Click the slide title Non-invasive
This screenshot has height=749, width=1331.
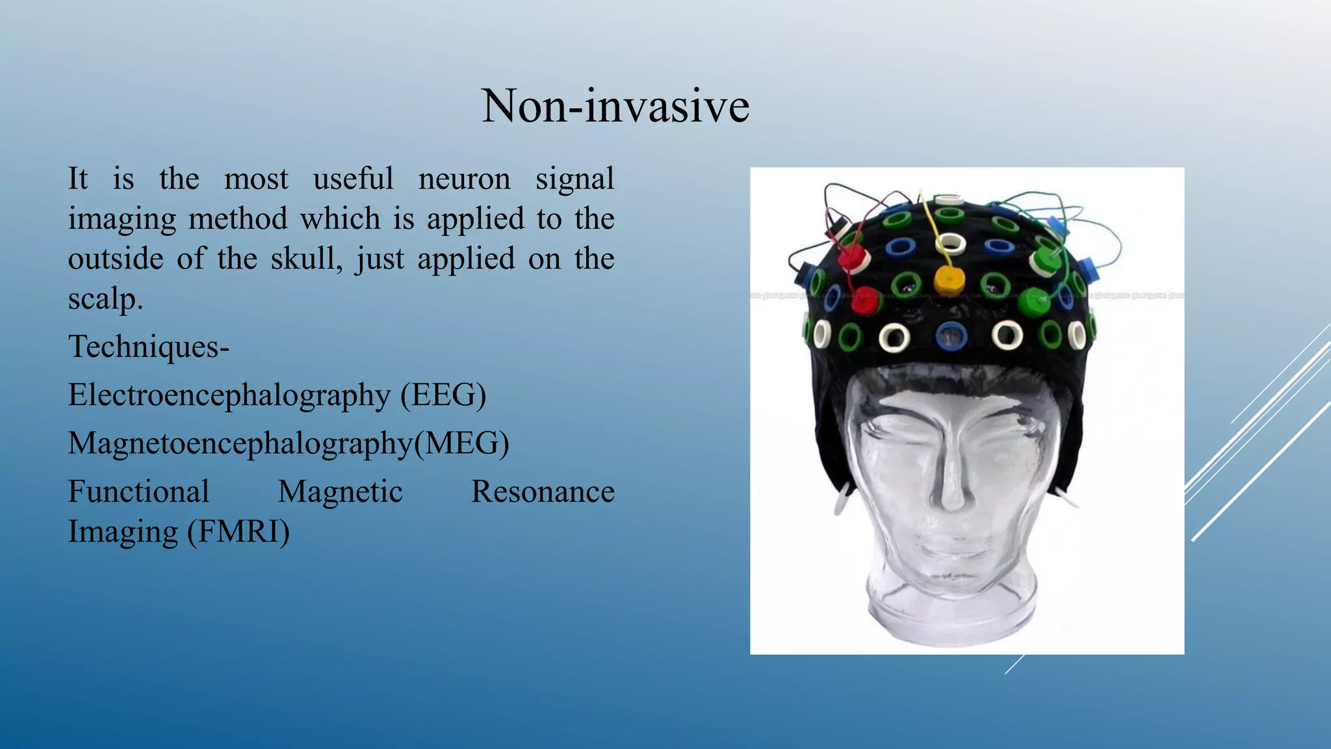tap(615, 106)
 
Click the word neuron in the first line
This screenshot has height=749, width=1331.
tap(464, 179)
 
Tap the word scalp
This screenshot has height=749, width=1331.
tap(105, 299)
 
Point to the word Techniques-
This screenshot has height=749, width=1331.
tap(149, 347)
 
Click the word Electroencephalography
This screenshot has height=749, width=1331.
tap(229, 395)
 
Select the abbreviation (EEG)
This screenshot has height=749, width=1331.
tap(443, 395)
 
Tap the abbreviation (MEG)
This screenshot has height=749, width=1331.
tap(462, 443)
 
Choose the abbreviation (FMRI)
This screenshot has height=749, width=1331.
tap(239, 532)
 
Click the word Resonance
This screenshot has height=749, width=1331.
tap(543, 492)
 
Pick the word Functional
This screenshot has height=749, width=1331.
tap(138, 492)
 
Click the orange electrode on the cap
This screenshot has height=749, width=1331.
tap(950, 280)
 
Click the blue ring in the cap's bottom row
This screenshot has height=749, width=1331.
tap(951, 335)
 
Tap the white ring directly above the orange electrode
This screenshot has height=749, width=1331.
tap(951, 244)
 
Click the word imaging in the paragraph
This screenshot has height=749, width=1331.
tap(122, 219)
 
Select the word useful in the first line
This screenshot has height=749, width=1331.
tap(353, 179)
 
